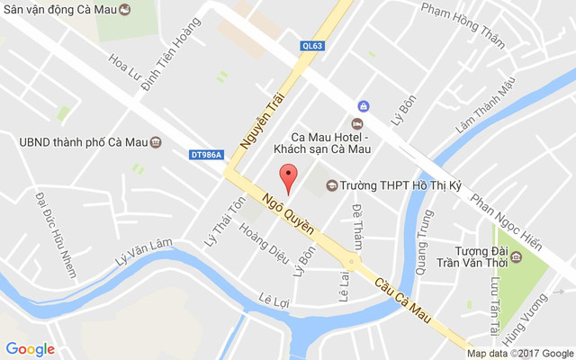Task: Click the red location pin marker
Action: pos(288,178)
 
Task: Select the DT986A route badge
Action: pos(208,155)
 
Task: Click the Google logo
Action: pos(30,349)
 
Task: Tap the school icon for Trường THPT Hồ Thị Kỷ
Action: pos(331,185)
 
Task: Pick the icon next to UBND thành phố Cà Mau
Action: pos(156,141)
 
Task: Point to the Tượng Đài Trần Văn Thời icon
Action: pos(516,258)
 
